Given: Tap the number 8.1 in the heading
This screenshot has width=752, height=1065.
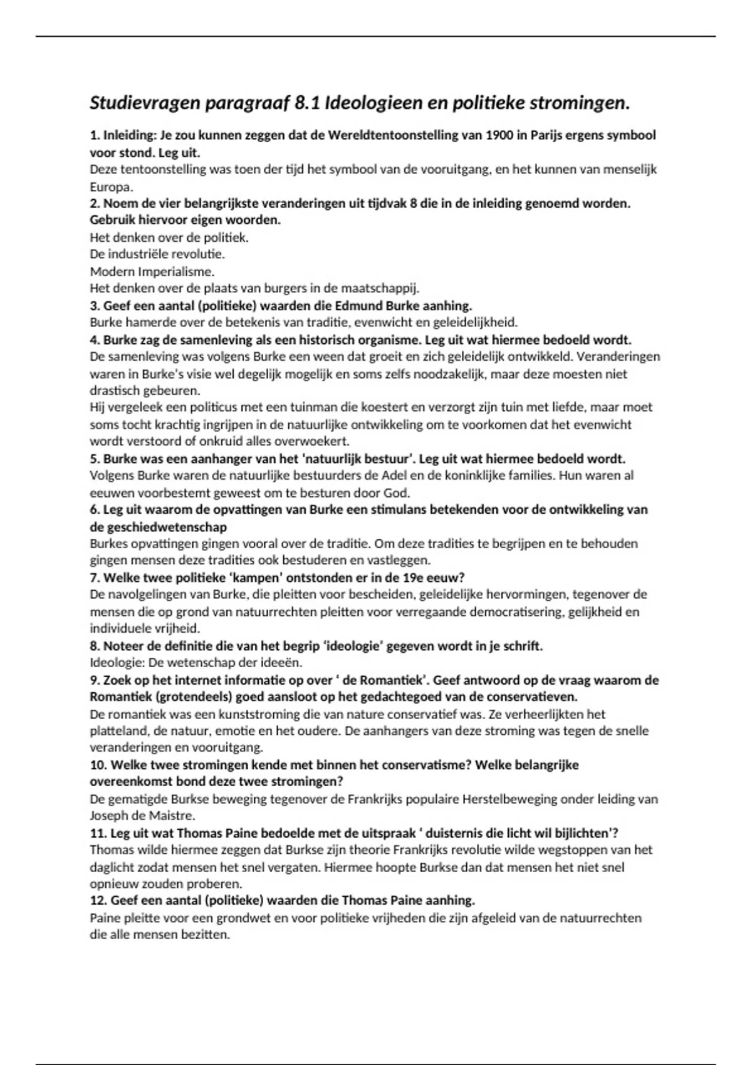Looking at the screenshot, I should [x=306, y=103].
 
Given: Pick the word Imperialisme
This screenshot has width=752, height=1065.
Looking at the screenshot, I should [x=175, y=272].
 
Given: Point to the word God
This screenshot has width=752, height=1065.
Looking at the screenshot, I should [x=399, y=492].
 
